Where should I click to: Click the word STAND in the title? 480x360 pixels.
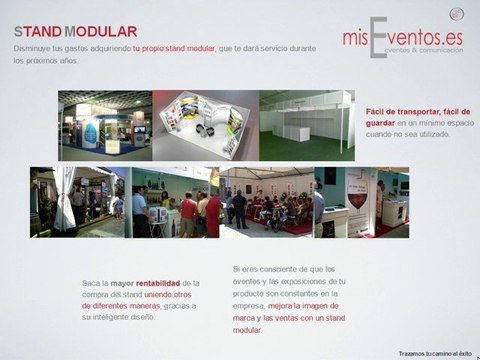point(36,32)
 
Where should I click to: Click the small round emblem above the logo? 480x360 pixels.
point(457,13)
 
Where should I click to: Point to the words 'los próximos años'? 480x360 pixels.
point(45,61)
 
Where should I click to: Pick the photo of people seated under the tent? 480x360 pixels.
point(270,201)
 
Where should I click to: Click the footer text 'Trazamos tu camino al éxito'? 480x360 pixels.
point(434,353)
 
